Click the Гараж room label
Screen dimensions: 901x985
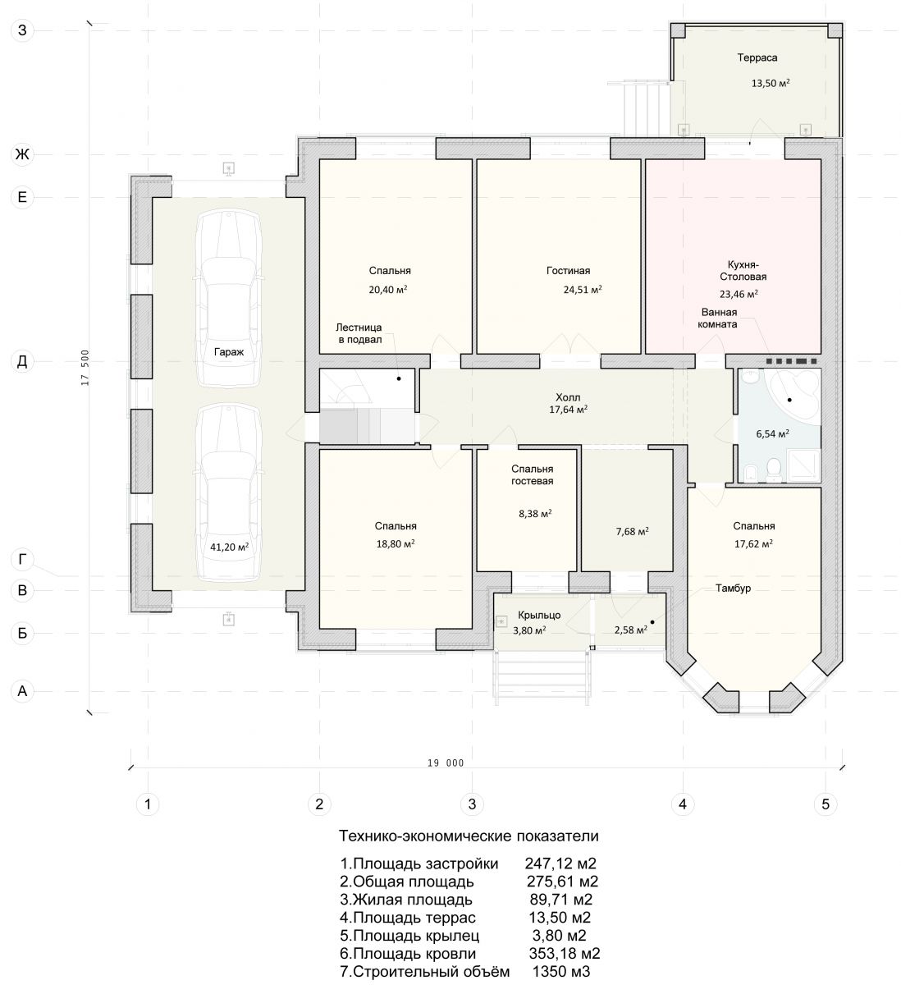229,353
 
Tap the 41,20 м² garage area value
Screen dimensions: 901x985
229,547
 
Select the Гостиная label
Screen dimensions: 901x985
568,271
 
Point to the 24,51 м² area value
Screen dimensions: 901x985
583,290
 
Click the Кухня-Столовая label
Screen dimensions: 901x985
743,271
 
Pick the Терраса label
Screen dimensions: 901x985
757,58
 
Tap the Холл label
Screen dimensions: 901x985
568,397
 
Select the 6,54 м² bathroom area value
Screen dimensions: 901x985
772,433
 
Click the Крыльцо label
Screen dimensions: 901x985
539,616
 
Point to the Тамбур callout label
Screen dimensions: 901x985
733,589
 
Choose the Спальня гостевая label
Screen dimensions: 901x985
533,474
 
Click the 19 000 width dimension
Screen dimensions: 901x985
446,763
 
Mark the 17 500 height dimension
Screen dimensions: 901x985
85,367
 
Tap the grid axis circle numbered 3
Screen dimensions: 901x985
472,804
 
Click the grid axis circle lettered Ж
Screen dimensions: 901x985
22,154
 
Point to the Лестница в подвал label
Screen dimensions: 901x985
359,333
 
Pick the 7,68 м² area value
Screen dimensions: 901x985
632,531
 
